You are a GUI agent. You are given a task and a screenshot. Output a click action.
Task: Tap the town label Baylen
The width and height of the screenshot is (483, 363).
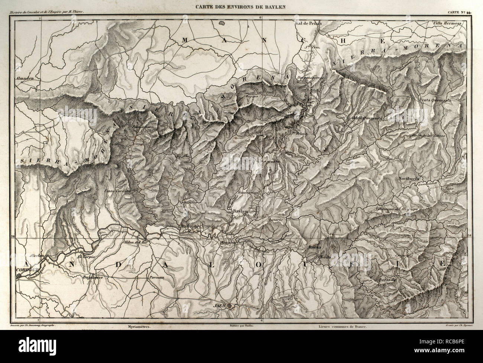(x=240, y=211)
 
